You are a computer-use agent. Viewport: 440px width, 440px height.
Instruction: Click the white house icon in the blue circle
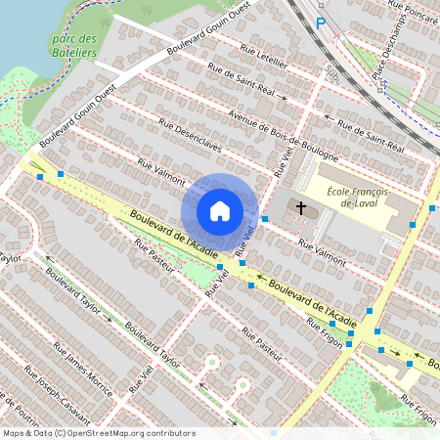[x=220, y=210]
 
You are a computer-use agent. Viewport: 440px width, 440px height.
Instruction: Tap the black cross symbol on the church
[x=301, y=208]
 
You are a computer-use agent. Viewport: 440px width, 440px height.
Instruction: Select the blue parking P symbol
[x=320, y=23]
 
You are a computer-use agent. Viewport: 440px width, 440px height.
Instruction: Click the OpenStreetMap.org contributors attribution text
[x=132, y=433]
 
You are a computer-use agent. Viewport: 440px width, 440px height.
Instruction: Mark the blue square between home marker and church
[x=265, y=218]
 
